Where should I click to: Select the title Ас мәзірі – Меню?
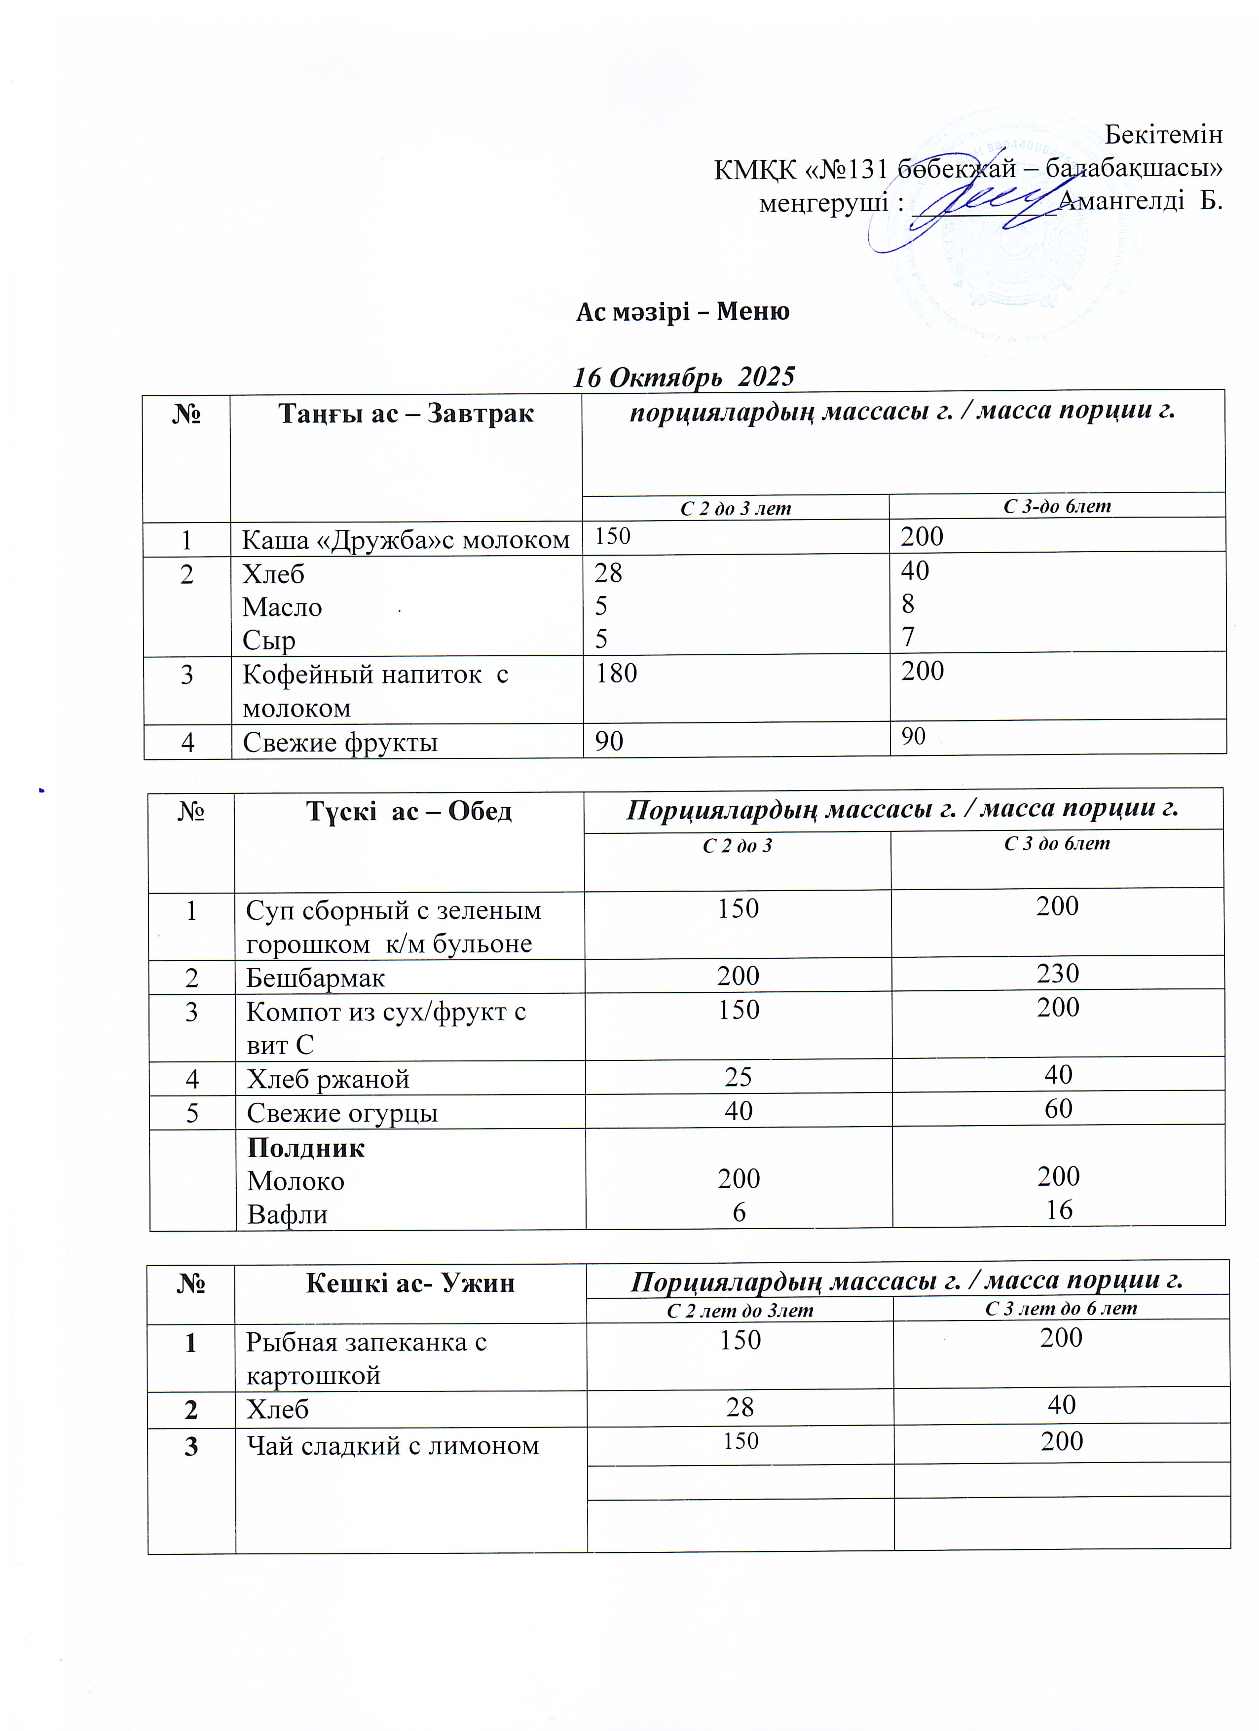tap(682, 311)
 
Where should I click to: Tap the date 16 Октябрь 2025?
tap(684, 377)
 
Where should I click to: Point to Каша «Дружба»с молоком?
tap(405, 540)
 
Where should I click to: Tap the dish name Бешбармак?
tap(315, 978)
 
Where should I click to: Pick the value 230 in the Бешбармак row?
tap(1058, 973)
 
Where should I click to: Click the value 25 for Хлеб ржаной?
tap(738, 1077)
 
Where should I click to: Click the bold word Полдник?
tap(305, 1148)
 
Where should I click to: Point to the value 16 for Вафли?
tap(1058, 1210)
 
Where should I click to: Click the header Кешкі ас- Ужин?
tap(410, 1283)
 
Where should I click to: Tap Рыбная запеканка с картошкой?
tap(366, 1358)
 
